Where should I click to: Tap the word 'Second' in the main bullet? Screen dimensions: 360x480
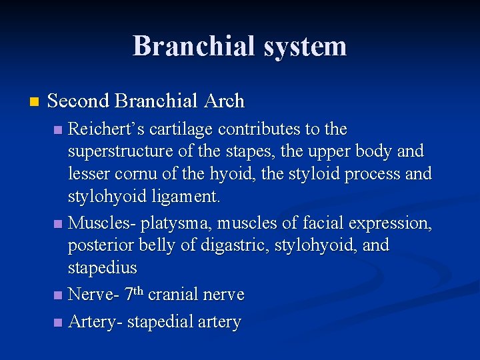point(78,101)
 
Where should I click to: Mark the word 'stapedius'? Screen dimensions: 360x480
point(102,268)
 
